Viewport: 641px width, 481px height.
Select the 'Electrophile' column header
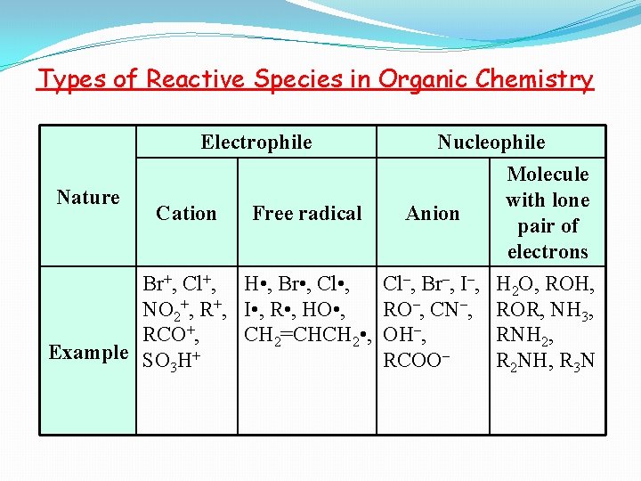(x=256, y=142)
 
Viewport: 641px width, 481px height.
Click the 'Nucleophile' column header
(x=491, y=142)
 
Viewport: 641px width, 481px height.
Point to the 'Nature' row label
(x=88, y=197)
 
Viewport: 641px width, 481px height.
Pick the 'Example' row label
(x=88, y=352)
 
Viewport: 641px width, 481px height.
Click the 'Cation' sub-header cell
(x=186, y=213)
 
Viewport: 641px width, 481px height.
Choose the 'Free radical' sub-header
(x=307, y=213)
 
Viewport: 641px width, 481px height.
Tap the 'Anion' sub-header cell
(x=433, y=213)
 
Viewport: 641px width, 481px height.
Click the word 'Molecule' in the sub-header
(x=548, y=174)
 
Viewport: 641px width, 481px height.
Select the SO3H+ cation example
(x=172, y=361)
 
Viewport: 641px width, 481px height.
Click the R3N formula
(x=575, y=361)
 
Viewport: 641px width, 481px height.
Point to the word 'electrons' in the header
(x=548, y=251)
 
